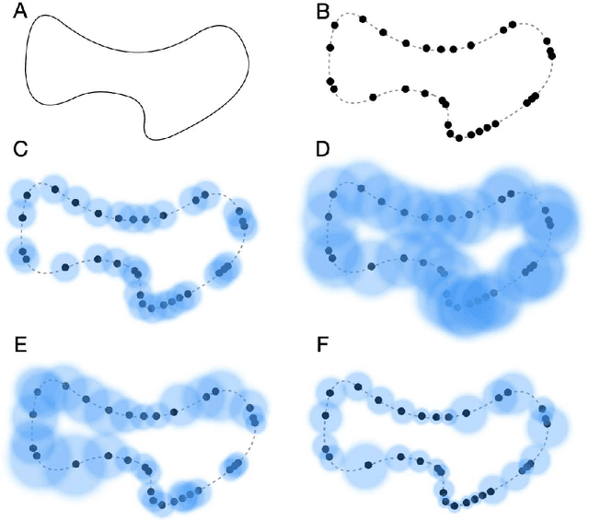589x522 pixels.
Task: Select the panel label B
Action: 322,12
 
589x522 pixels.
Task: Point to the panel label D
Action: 322,149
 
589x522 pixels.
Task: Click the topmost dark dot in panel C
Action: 54,189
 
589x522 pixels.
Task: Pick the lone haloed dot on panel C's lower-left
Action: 65,267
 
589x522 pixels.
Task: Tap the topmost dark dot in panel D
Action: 361,189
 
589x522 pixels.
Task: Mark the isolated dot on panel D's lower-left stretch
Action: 372,265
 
